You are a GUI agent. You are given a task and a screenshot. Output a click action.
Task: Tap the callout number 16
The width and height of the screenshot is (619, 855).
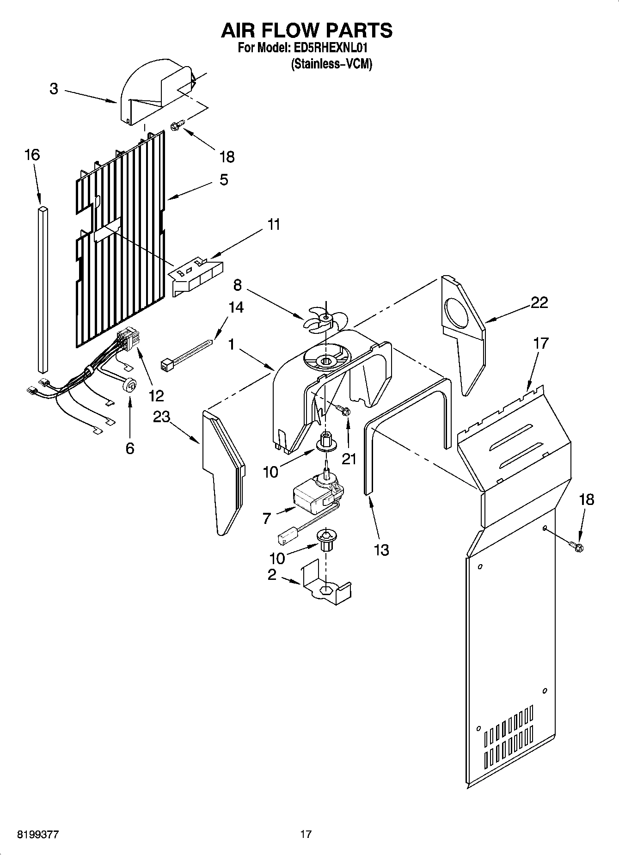pos(32,155)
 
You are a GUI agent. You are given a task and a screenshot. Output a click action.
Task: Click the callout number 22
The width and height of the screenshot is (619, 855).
pos(539,303)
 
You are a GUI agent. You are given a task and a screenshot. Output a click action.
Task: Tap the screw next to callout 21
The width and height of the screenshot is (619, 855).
pos(344,411)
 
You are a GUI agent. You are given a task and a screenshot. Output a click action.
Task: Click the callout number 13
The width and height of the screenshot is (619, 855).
pos(381,550)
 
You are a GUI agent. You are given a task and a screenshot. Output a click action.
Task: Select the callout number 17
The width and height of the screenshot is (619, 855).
pos(540,343)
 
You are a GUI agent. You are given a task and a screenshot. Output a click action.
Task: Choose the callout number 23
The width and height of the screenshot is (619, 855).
pos(161,417)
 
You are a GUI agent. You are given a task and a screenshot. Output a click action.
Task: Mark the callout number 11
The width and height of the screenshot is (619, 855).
pos(274,225)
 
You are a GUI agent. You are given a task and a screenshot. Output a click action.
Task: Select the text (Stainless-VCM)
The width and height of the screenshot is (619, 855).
pos(331,64)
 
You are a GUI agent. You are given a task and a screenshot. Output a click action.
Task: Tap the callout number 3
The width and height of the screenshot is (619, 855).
pos(54,89)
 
